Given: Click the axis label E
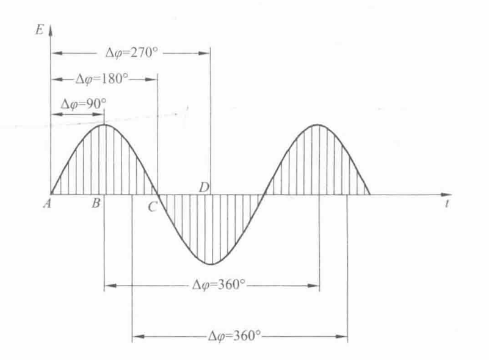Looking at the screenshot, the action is (x=40, y=30).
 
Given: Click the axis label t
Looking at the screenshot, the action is (x=447, y=204).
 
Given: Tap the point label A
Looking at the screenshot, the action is (x=48, y=204).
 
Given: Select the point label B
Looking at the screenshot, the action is (x=96, y=203).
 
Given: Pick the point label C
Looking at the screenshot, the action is (x=152, y=207).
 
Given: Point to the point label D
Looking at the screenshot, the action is (x=204, y=188).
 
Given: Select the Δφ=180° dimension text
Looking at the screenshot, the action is (x=102, y=79).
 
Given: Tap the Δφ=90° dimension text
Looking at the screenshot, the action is (x=84, y=104).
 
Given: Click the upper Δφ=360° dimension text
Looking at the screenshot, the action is (x=219, y=284).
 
